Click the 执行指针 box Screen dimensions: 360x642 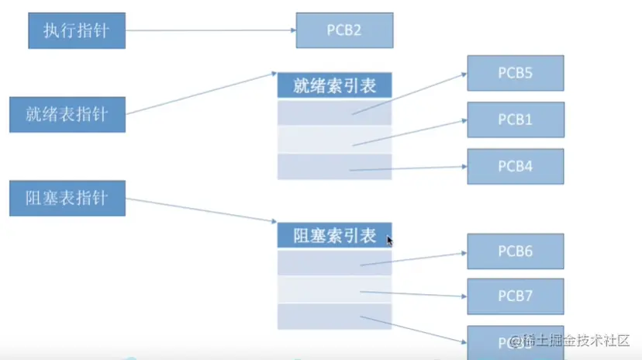pos(75,30)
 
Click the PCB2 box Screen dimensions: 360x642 pos(344,32)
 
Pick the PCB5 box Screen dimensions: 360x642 pos(515,74)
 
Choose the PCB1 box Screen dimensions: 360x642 pos(515,120)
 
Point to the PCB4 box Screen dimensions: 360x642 pos(515,167)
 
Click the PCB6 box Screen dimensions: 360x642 pos(515,251)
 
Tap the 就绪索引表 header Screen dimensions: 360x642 pos(334,85)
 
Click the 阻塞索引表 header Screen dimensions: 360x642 pos(334,236)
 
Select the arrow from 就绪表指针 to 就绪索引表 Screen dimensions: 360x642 pos(202,93)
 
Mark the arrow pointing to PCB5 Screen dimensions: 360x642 pos(409,94)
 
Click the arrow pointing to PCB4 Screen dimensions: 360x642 pos(407,168)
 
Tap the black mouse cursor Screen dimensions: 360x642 pos(390,241)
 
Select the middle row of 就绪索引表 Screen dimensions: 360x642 pos(334,140)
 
